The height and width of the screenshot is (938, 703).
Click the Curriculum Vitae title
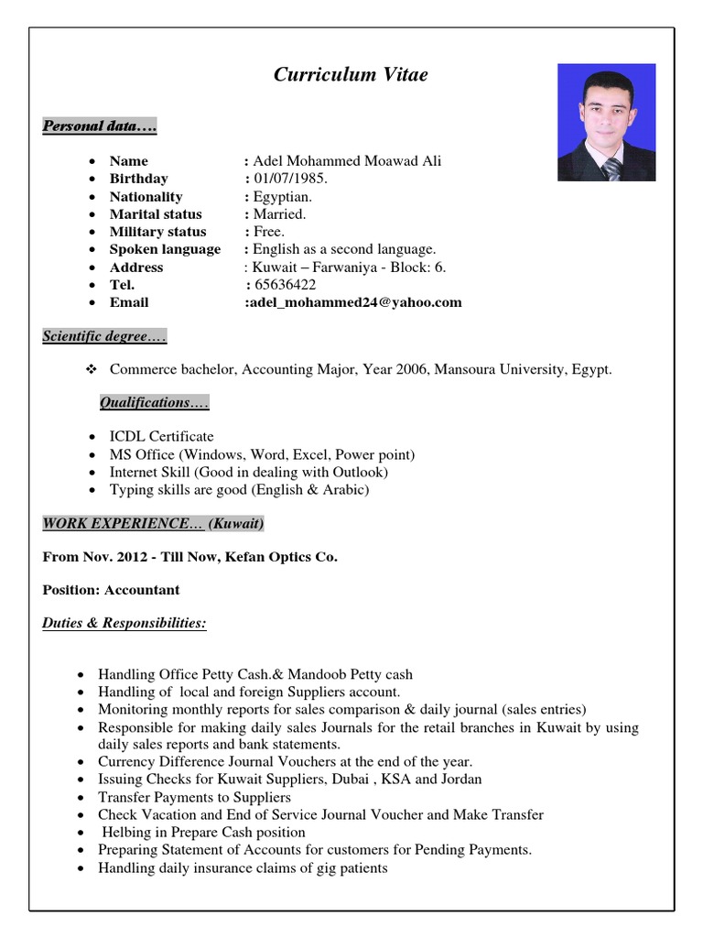[351, 75]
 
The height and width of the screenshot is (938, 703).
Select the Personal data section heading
[100, 126]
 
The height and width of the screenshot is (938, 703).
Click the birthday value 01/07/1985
[290, 179]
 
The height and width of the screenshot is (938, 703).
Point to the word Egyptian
[283, 197]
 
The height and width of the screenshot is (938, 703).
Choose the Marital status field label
[156, 214]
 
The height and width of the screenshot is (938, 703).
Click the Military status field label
[157, 232]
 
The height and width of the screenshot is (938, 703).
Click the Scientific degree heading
[104, 337]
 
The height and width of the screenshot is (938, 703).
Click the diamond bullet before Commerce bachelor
[91, 370]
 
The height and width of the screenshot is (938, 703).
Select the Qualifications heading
[154, 403]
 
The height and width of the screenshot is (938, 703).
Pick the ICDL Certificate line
[161, 437]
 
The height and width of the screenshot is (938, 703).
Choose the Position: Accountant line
[111, 590]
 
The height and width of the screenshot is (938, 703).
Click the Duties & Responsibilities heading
[124, 624]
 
